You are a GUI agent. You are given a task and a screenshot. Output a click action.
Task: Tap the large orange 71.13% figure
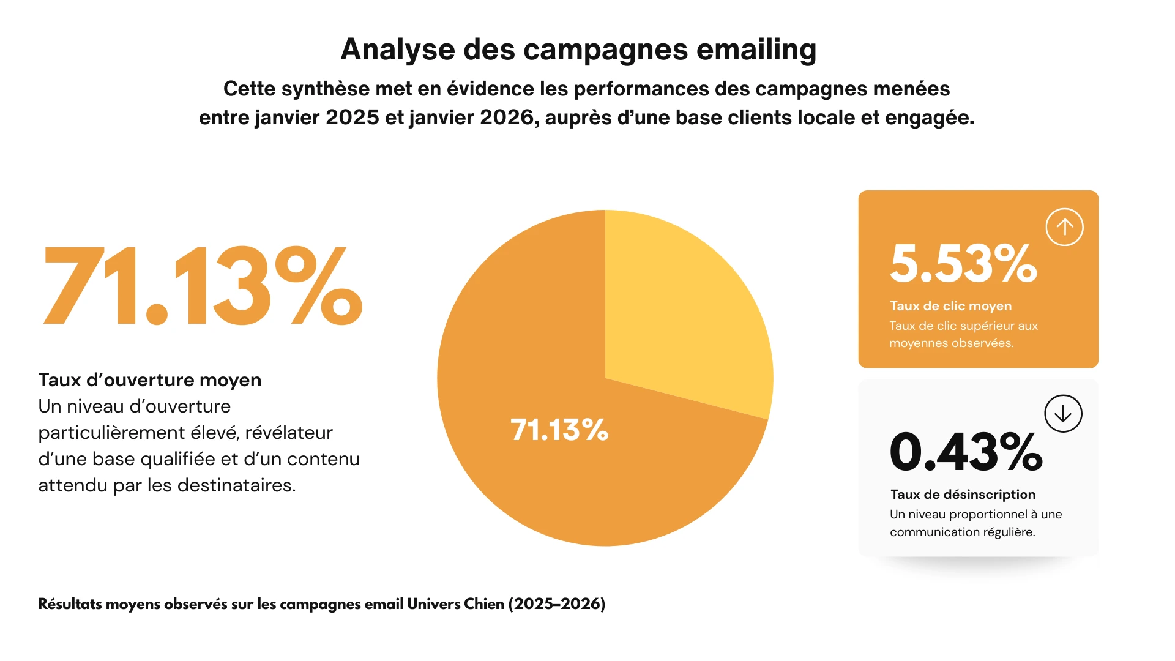coord(202,286)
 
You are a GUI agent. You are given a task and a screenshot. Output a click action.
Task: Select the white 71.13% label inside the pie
coord(559,430)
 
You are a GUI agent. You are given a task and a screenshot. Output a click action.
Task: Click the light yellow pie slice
coord(679,306)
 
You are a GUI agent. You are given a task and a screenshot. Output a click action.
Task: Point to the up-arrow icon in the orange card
coord(1064,227)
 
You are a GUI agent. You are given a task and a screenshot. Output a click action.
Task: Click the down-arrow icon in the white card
coord(1063,414)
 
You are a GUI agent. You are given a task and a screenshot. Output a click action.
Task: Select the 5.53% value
coord(963,264)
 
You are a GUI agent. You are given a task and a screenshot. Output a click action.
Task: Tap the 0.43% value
coord(965,452)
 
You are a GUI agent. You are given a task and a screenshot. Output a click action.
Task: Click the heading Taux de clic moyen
coord(950,306)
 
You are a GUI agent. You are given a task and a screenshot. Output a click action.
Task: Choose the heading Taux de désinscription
coord(963,495)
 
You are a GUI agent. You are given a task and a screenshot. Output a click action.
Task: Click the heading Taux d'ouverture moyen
coord(150,380)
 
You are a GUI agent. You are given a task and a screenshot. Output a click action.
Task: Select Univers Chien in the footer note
coord(455,604)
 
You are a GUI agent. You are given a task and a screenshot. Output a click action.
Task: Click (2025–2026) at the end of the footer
coord(556,604)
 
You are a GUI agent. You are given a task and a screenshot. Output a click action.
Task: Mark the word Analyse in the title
coord(398,50)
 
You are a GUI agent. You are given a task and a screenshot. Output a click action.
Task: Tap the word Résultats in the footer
coord(70,604)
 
